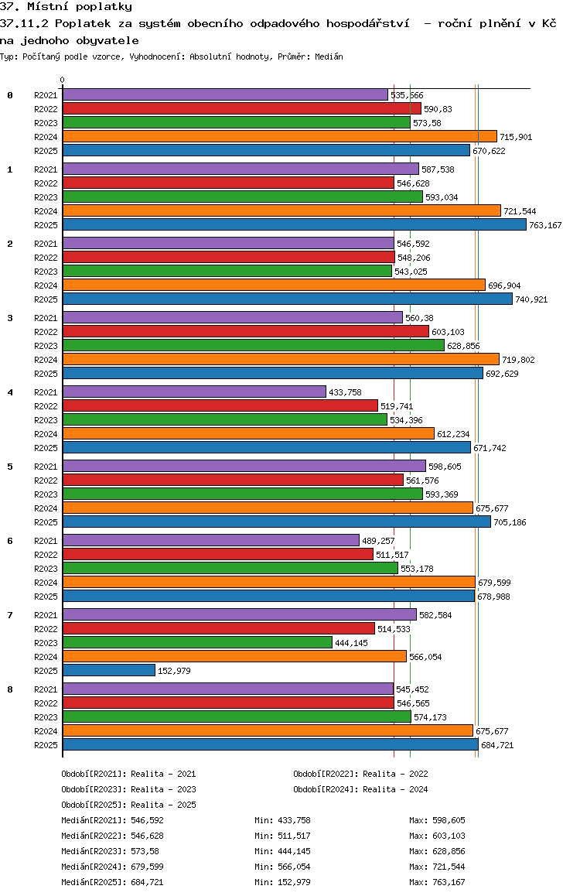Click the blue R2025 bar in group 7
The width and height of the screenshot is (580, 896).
point(109,670)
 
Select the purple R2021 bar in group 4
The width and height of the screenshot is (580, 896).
point(194,392)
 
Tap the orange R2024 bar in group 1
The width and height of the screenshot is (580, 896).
point(281,210)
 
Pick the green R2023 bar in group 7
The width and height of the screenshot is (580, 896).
point(197,642)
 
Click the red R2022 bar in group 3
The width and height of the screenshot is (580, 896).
point(245,331)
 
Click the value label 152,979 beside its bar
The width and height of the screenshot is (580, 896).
point(174,671)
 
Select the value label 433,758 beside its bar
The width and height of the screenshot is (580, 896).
point(345,392)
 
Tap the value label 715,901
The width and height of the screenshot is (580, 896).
point(516,137)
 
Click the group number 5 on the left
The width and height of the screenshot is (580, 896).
point(10,467)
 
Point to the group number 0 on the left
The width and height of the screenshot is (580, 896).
point(10,95)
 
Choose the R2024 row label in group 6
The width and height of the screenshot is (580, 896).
point(46,583)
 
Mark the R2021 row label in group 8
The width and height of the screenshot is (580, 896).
point(46,689)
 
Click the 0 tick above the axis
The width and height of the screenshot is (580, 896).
point(63,80)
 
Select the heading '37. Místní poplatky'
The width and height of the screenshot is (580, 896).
point(66,6)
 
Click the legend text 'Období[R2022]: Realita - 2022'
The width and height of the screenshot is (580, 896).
point(360,774)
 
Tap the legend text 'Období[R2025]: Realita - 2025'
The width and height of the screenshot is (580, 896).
point(128,805)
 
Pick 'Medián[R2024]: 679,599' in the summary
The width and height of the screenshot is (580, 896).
point(112,867)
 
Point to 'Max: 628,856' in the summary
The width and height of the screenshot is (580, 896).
point(437,851)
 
